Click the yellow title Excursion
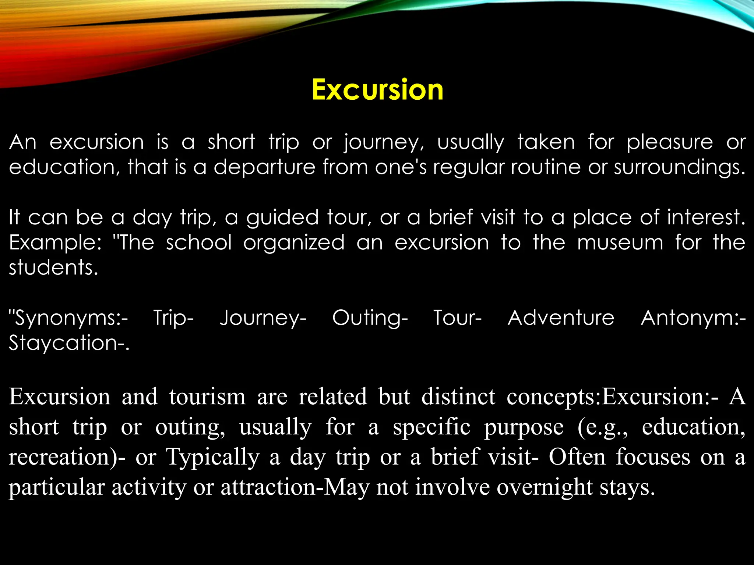(x=377, y=89)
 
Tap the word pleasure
(x=670, y=142)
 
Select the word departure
(x=264, y=167)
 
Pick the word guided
(x=282, y=218)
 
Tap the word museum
(x=620, y=243)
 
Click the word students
(x=53, y=268)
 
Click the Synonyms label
(x=69, y=319)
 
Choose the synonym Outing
(x=370, y=319)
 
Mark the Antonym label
(x=693, y=319)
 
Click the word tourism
(x=207, y=397)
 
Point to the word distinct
(x=458, y=397)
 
